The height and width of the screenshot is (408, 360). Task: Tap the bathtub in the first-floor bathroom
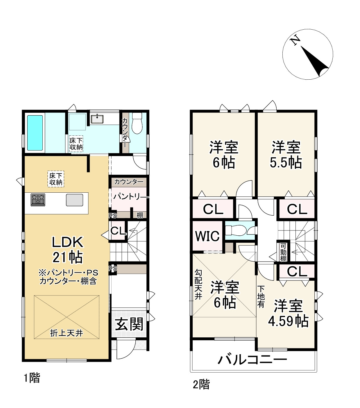coord(35,133)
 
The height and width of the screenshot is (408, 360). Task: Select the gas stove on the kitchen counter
coord(38,200)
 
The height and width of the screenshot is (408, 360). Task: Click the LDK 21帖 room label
coord(67,249)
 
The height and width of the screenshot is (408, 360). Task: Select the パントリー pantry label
coord(129,197)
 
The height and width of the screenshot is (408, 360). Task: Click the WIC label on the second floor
coord(207,236)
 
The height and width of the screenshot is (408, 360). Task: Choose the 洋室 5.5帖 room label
coord(286,155)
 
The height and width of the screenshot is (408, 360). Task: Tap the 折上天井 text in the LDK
coord(67,333)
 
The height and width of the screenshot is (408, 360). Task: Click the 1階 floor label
coord(32,378)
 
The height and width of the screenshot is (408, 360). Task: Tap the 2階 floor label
coord(201,384)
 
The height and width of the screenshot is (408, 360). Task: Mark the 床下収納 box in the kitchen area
coord(56,179)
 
